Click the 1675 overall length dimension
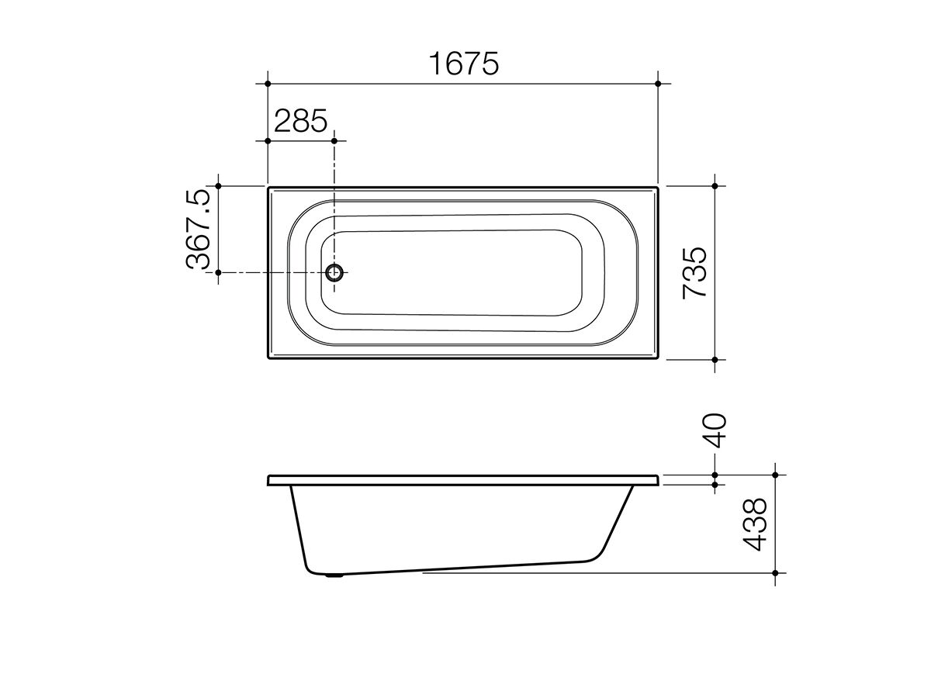[463, 64]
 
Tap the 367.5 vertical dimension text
[199, 230]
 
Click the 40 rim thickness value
[715, 430]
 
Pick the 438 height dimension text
[754, 523]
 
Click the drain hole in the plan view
[335, 273]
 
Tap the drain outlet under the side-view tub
[335, 575]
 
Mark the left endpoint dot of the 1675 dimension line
[268, 83]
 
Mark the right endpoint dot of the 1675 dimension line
[658, 83]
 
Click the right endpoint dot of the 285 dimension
[334, 140]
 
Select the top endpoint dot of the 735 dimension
[715, 186]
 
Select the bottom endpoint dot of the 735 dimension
[715, 360]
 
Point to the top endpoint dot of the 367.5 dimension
[219, 186]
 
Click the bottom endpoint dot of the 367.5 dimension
[219, 273]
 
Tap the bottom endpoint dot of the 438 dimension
[774, 573]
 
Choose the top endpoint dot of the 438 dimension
[774, 475]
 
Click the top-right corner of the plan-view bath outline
[658, 187]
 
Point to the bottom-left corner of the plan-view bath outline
[268, 359]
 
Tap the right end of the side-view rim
[659, 480]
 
